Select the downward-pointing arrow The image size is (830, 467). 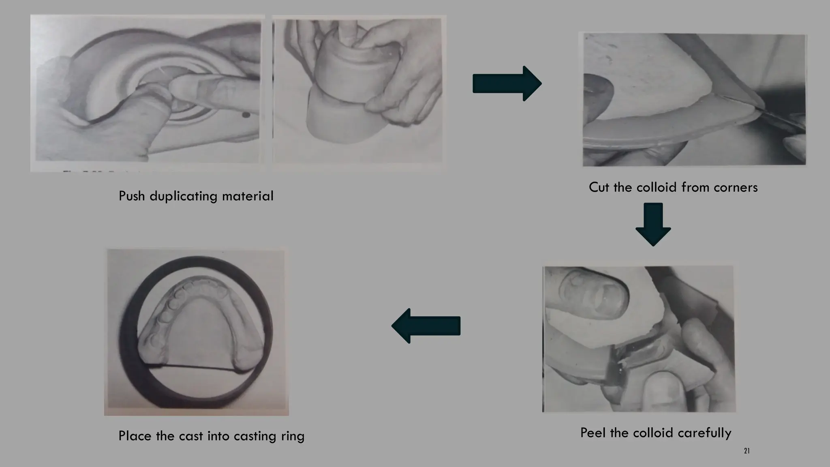(653, 224)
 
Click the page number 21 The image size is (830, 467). (747, 451)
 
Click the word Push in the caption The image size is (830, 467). (132, 196)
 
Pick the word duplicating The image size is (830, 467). (184, 197)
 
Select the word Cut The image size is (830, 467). (599, 187)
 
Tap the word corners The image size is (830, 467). (736, 187)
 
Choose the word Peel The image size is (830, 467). (593, 433)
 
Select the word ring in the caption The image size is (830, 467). (293, 436)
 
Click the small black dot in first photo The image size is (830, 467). (245, 116)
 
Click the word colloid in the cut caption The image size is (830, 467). (657, 187)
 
